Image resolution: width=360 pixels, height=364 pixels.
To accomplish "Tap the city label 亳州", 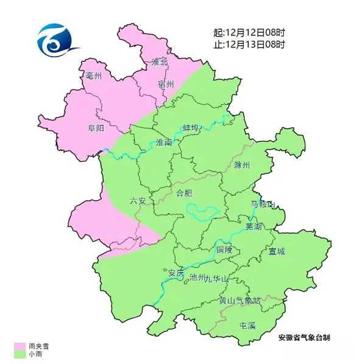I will pos(94,76).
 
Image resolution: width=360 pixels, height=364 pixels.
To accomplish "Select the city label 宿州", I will pos(166,84).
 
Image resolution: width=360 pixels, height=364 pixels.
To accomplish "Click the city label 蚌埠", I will pos(191,128).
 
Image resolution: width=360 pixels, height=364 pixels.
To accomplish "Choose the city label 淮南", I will pos(164,142).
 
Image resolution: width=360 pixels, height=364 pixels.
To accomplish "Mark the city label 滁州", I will pos(242,165).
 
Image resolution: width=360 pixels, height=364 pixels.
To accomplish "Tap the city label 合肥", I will pos(183,194).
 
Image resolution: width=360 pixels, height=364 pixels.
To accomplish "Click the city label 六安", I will pos(138,201).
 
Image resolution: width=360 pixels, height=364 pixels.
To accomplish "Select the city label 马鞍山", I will pos(263,204).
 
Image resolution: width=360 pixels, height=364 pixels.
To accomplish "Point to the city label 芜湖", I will pos(253,226).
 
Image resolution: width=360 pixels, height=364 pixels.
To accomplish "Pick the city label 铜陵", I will pos(224,250).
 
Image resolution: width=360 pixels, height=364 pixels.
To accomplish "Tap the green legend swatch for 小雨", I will pos(19,354).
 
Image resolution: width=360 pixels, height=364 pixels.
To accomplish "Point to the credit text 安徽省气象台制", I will pos(305,337).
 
